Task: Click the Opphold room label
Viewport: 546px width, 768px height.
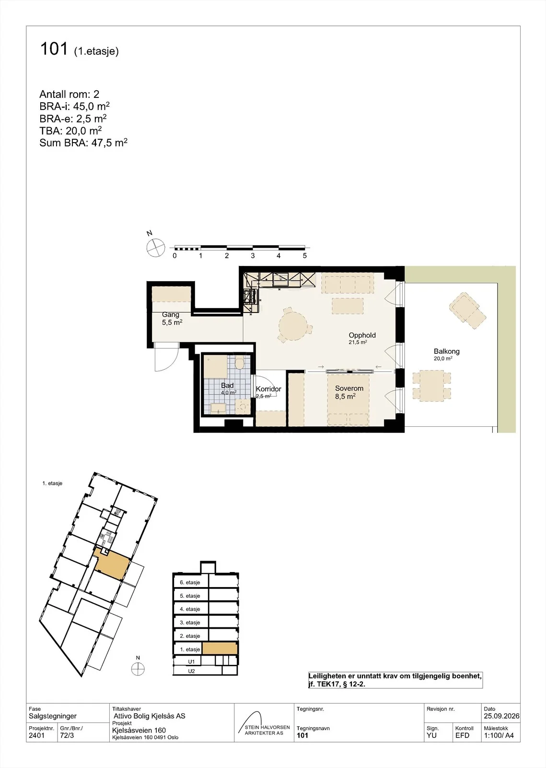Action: click(362, 335)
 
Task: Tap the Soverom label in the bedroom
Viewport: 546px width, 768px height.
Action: click(349, 388)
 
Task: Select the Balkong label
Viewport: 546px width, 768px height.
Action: click(446, 351)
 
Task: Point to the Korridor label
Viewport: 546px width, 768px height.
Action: click(268, 389)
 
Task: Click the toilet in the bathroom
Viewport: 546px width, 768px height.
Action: click(239, 362)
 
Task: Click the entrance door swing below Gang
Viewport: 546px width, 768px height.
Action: click(167, 358)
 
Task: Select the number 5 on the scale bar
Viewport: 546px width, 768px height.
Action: click(304, 255)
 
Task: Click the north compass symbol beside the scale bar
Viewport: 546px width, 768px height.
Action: click(155, 247)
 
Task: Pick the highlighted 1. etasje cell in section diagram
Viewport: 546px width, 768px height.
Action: click(220, 648)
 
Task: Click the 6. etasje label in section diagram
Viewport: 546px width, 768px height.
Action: click(190, 582)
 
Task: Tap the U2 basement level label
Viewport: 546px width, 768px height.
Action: click(191, 671)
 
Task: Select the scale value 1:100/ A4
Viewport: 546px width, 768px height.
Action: click(499, 735)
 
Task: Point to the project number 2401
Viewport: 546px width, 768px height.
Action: click(36, 735)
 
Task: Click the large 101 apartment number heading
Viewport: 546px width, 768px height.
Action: click(54, 48)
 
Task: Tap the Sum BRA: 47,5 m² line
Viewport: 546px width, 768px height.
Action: click(83, 142)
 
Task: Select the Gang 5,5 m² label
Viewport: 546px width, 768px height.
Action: click(172, 318)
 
